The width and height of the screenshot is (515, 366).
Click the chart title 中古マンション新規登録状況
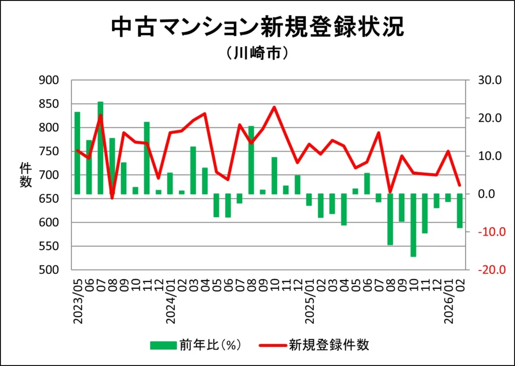[x=257, y=28]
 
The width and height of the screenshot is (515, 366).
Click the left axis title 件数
[x=26, y=175]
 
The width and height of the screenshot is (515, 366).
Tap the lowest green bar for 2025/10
[x=413, y=226]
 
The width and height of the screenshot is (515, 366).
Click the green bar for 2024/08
[x=251, y=160]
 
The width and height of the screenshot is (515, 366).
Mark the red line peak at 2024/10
[x=274, y=107]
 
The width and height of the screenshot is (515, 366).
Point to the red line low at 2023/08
[x=112, y=198]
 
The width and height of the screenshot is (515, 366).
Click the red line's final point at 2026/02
[x=459, y=185]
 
